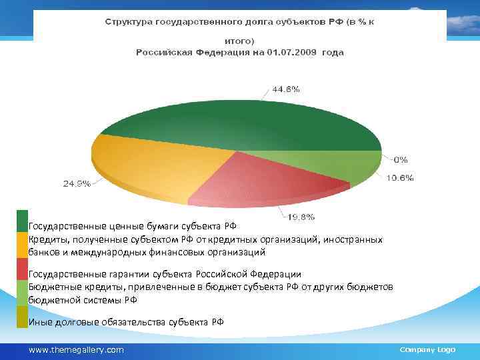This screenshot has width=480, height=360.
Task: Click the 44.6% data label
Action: coord(285,89)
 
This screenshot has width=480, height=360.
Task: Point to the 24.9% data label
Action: coord(77,183)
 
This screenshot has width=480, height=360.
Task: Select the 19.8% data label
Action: coord(301,216)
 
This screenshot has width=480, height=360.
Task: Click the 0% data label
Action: coord(401,159)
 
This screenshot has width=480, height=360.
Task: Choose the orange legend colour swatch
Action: coord(23,245)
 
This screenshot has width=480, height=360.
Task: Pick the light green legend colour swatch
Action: coord(23,293)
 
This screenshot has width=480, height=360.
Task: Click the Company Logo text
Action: coord(427,349)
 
